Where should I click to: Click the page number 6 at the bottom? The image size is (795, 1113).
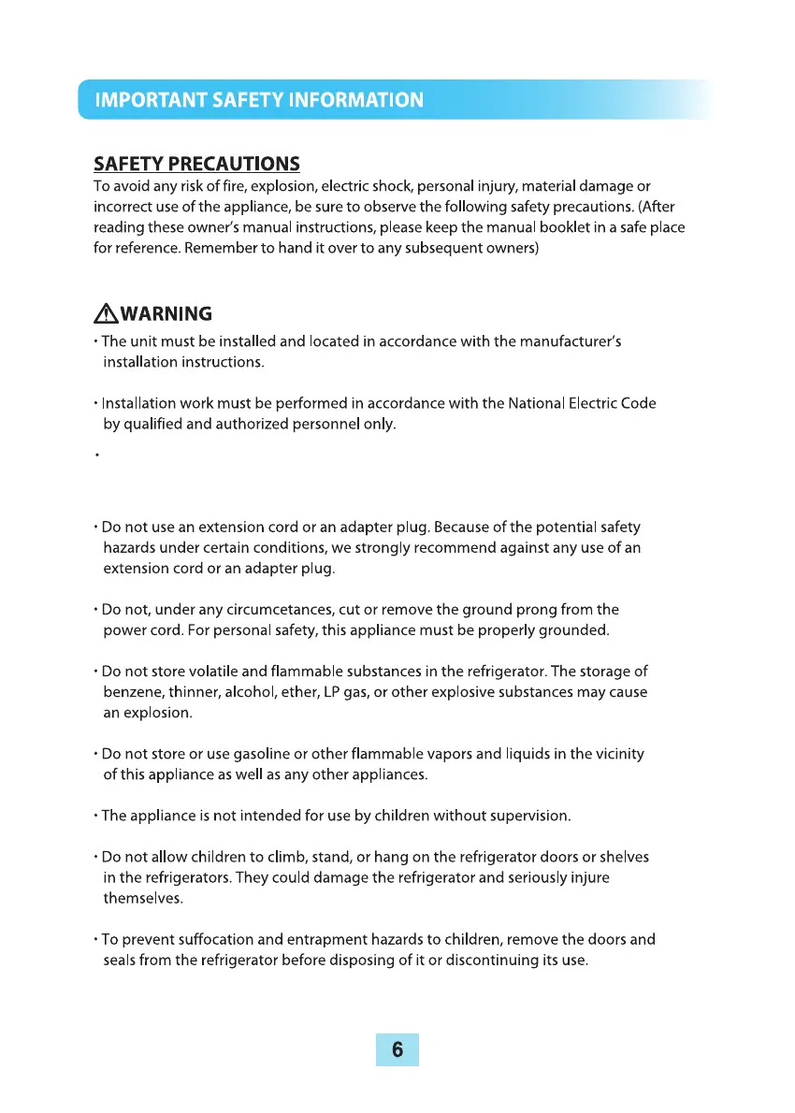(x=397, y=1049)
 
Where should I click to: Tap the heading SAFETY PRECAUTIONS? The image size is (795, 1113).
(x=196, y=165)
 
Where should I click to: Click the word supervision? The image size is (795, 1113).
(x=526, y=816)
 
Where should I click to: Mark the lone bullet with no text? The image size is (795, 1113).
(x=96, y=458)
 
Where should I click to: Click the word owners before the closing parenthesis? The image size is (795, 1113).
(x=506, y=251)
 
